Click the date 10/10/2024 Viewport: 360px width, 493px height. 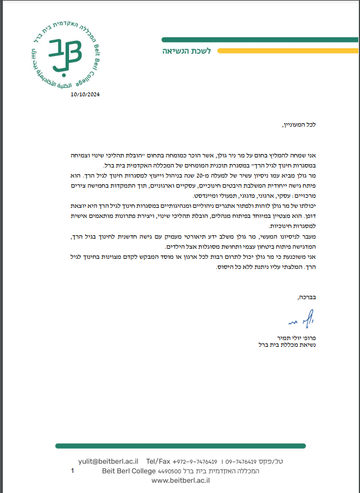[85, 95]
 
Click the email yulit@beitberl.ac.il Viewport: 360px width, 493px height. [108, 461]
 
